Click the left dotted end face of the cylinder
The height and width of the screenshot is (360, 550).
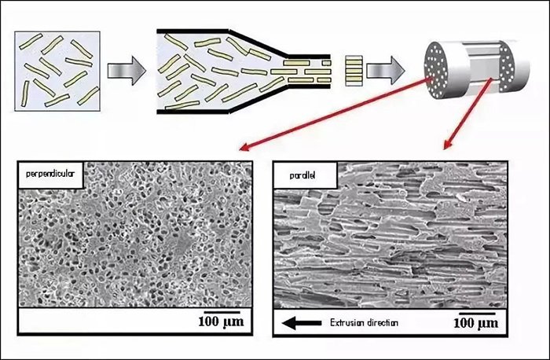439,64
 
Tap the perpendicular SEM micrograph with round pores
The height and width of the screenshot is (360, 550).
134,236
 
